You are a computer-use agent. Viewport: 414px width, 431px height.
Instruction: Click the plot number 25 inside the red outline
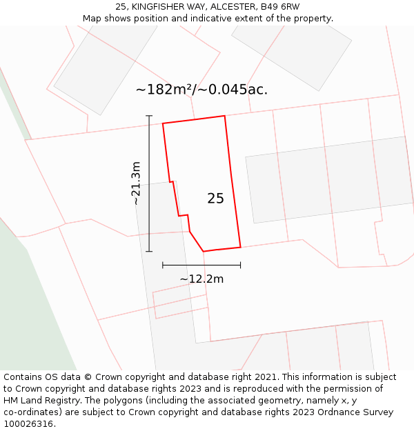215,199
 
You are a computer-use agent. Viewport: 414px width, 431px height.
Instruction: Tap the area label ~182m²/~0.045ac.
201,90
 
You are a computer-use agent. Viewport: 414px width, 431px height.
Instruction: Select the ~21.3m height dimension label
136,183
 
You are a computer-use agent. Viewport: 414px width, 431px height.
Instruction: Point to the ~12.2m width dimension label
201,279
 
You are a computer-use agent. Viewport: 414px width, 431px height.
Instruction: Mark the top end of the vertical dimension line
149,116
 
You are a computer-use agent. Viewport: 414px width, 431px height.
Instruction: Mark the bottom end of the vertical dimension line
149,252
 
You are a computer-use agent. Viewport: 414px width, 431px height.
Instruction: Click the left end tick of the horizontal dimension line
163,264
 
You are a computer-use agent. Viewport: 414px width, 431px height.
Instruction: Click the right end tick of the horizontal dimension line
240,264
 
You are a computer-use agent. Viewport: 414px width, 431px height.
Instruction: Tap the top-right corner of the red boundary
225,116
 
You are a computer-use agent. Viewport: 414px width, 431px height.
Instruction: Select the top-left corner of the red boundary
163,124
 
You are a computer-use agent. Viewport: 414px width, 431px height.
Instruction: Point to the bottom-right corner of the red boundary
240,247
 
